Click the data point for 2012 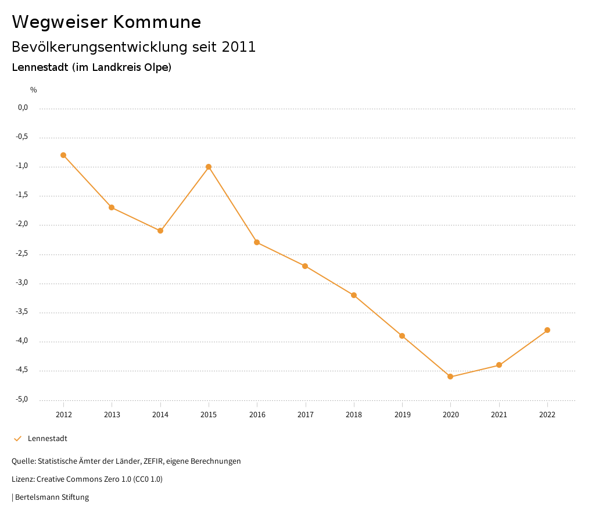click(63, 155)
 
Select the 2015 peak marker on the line click(209, 167)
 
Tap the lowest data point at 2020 click(450, 377)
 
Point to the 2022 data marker click(547, 330)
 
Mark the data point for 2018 click(354, 295)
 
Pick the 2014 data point click(160, 231)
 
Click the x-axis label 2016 click(257, 415)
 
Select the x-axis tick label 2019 click(402, 415)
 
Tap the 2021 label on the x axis click(499, 415)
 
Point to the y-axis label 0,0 click(23, 107)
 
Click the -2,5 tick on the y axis click(22, 254)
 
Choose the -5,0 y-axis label click(22, 400)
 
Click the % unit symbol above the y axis click(34, 90)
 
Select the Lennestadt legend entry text click(48, 439)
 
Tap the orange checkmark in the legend click(17, 439)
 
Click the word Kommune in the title click(157, 22)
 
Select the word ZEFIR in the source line click(153, 461)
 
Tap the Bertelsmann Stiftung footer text click(52, 497)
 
